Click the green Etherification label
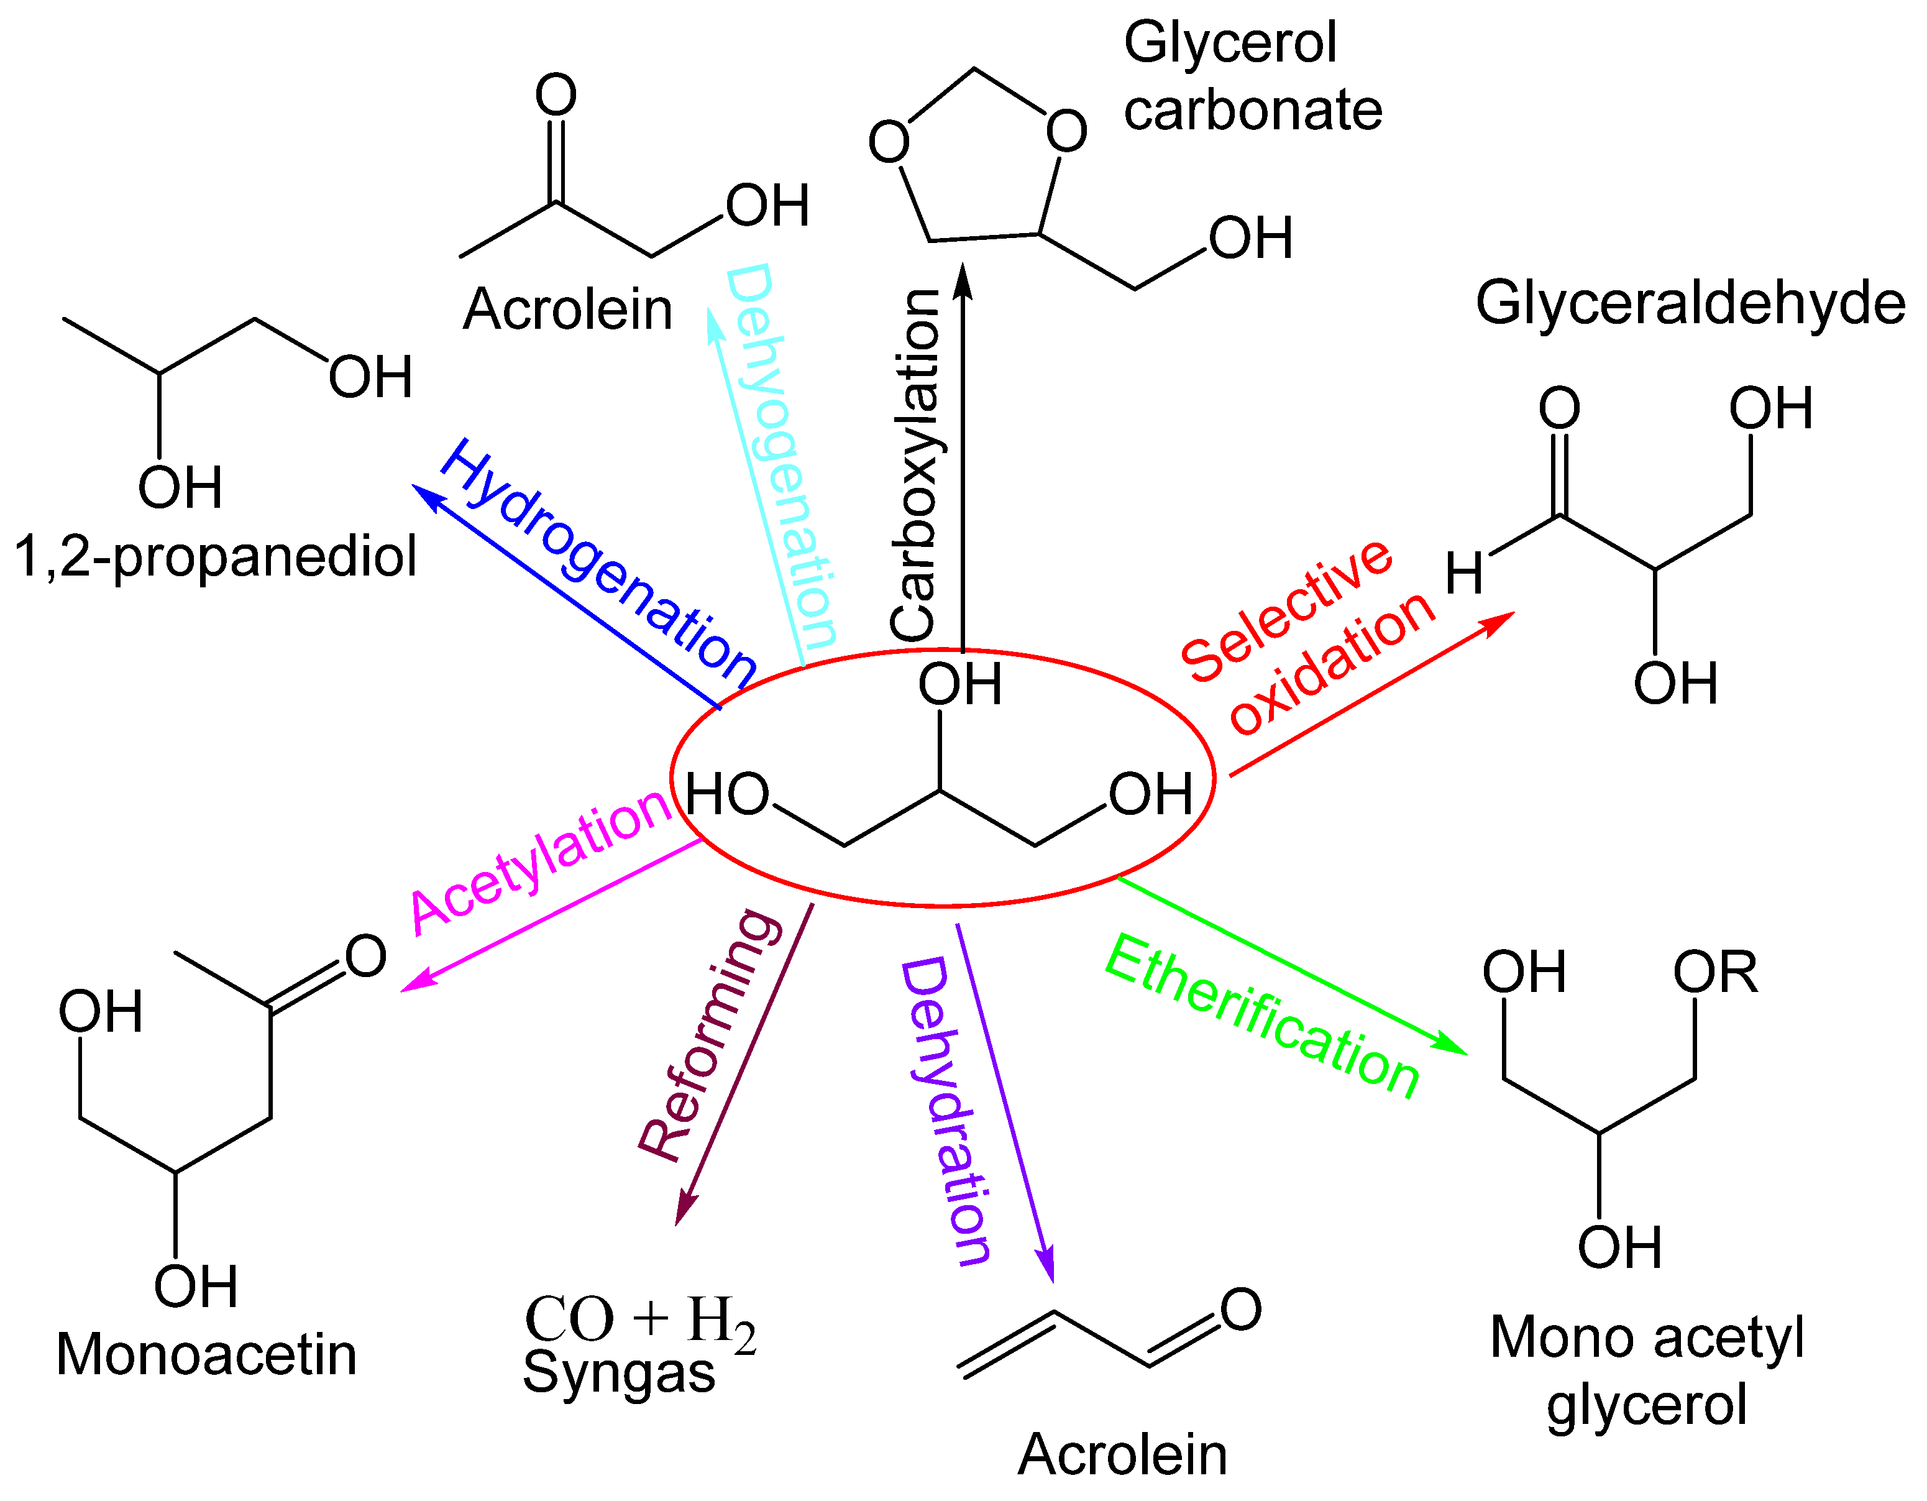click(1261, 1017)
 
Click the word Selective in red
click(1286, 610)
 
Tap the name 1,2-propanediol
click(215, 558)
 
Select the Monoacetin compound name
click(206, 1354)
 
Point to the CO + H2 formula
click(639, 1321)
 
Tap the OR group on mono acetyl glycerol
click(1715, 973)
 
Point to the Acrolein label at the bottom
click(1122, 1454)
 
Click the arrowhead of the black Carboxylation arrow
click(963, 280)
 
